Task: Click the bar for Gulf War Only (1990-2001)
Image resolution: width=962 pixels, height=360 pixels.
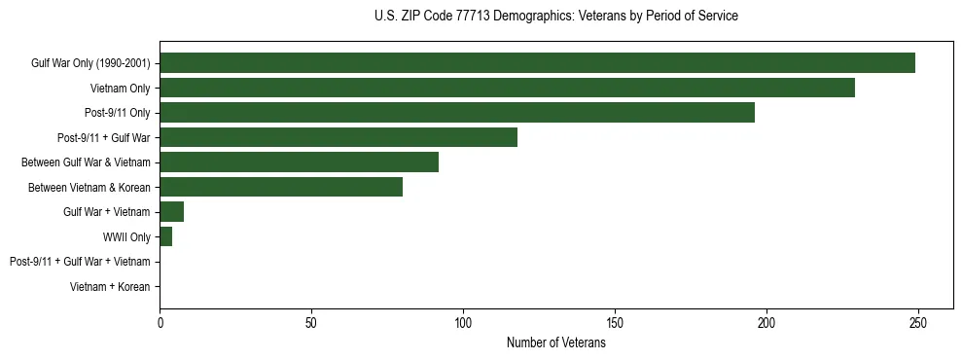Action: pos(537,63)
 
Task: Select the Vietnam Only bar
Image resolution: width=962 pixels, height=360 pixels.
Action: pos(507,88)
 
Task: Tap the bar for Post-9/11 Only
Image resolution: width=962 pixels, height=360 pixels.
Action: pos(457,113)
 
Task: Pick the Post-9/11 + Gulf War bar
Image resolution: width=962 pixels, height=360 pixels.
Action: pos(338,137)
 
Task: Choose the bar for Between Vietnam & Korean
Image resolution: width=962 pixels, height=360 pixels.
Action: pos(281,187)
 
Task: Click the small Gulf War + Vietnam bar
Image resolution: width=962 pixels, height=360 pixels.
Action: pos(171,212)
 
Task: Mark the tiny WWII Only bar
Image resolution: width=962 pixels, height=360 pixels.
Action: pos(165,236)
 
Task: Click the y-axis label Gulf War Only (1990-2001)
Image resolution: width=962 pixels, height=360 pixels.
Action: pos(90,63)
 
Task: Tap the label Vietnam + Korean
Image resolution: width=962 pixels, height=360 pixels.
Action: pos(110,287)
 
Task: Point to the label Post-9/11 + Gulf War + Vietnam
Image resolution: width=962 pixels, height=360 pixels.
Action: pos(80,262)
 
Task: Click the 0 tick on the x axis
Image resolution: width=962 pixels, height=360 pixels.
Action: pos(160,322)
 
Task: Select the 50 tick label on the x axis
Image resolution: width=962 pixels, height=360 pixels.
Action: pos(311,322)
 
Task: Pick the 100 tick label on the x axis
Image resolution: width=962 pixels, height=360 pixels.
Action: pos(463,322)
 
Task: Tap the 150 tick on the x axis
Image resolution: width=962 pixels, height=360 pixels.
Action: pos(615,322)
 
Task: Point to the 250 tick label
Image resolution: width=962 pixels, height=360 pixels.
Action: pos(917,322)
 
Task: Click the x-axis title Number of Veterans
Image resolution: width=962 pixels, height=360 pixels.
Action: pos(555,342)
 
